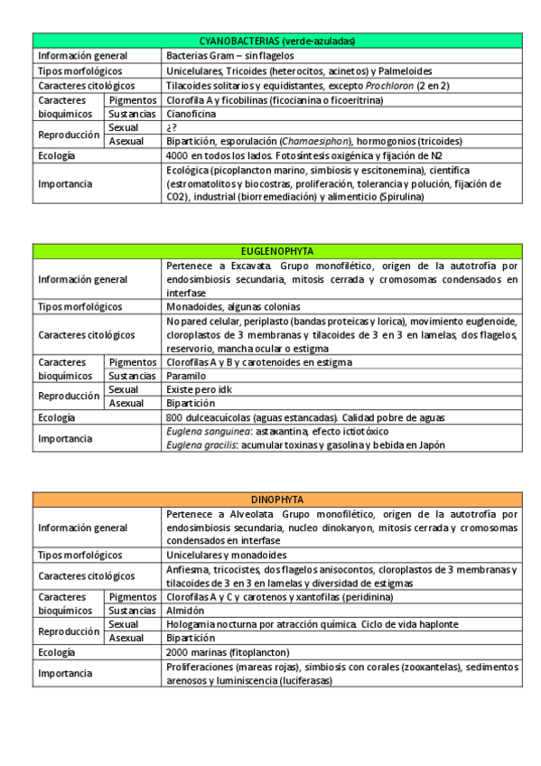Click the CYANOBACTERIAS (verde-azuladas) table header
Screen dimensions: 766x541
point(277,42)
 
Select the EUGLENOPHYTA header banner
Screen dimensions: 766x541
point(277,251)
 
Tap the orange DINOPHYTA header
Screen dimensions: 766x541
point(277,500)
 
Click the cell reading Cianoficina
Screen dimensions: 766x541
point(191,114)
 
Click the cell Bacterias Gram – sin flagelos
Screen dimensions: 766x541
point(225,56)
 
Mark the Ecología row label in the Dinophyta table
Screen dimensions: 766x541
point(56,652)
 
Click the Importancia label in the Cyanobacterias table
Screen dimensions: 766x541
point(64,183)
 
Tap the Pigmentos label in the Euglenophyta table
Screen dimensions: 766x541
point(132,362)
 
